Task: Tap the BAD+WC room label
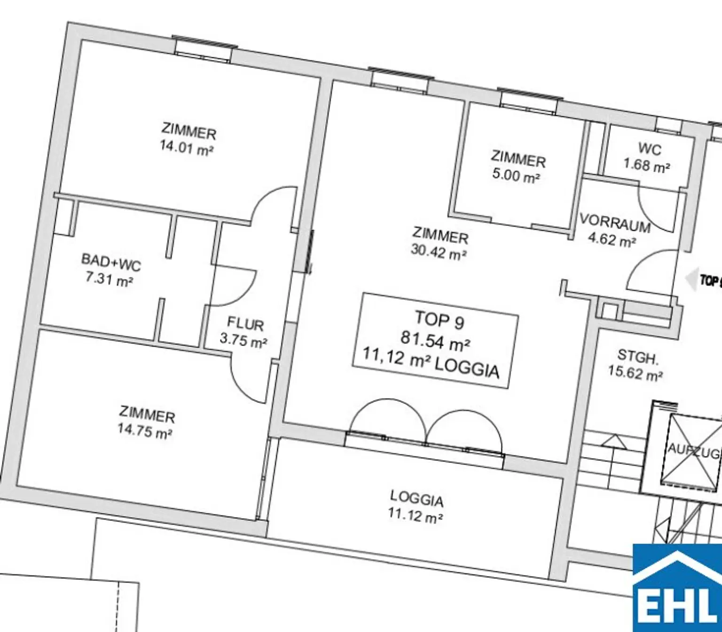click(111, 263)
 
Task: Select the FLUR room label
click(245, 324)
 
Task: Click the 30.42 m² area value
click(439, 253)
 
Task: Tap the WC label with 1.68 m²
click(649, 150)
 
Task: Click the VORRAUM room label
click(615, 223)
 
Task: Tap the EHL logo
click(677, 588)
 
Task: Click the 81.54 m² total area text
click(435, 340)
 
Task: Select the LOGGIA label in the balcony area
click(416, 498)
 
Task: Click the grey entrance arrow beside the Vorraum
click(691, 280)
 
